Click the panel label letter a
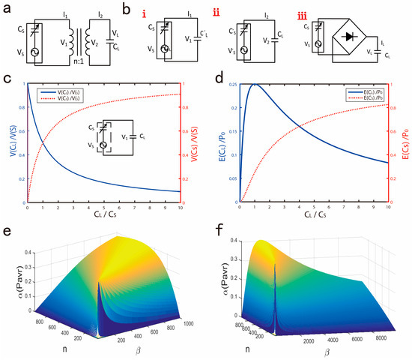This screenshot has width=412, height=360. pos(7,8)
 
